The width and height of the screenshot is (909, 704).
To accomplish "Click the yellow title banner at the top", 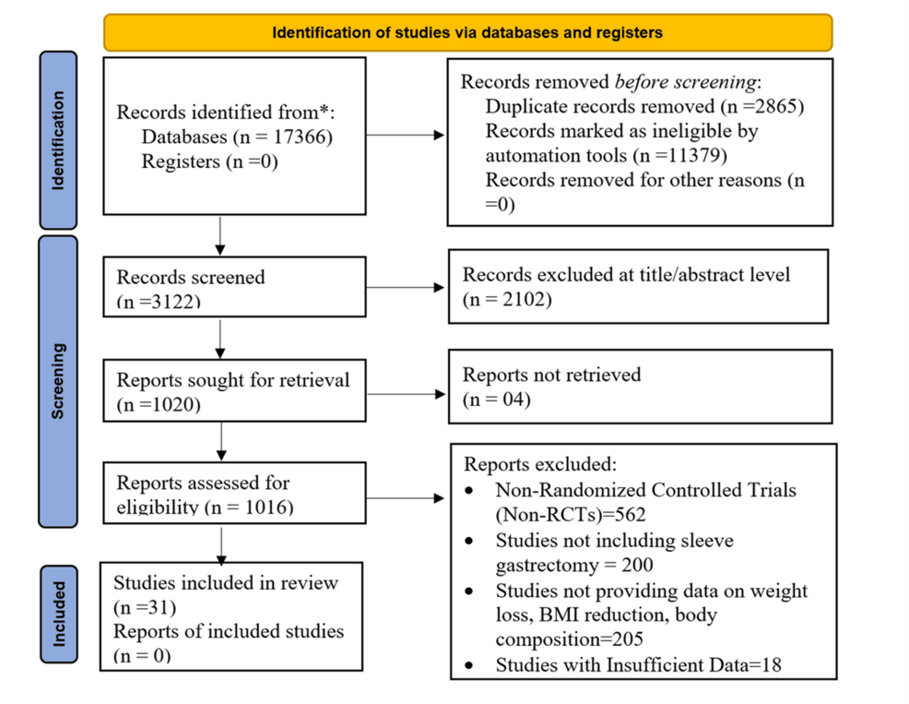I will coord(467,32).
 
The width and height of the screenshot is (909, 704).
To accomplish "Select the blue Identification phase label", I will coord(58,140).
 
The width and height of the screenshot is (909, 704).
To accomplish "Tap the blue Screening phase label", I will coord(58,381).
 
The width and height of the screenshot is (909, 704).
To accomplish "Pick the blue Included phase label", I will coord(58,612).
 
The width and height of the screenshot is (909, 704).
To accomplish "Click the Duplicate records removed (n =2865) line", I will coord(644,106).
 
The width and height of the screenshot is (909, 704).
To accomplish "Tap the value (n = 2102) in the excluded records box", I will coord(507,299).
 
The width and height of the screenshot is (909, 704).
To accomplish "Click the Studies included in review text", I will coord(226,583).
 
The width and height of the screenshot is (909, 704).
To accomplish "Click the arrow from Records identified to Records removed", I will coord(406,136).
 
